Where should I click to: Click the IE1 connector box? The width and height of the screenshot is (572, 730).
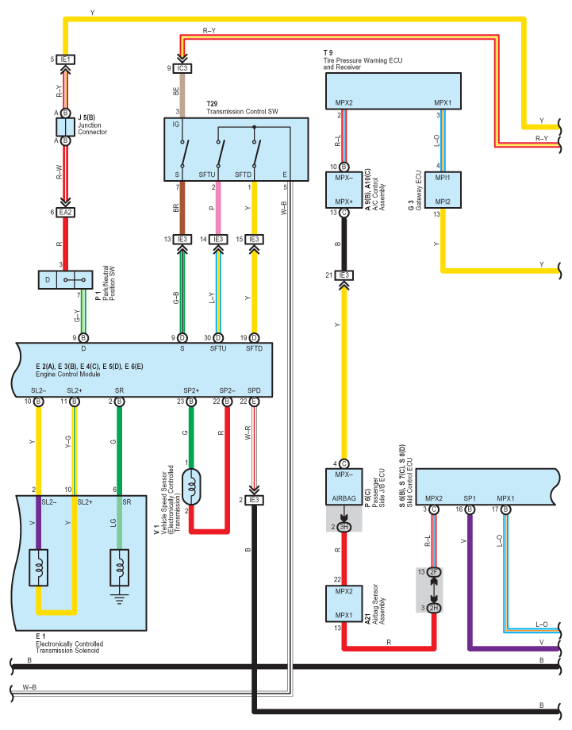click(x=66, y=60)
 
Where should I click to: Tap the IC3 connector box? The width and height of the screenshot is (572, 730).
click(x=182, y=68)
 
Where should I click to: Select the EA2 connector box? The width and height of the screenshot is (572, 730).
click(x=66, y=213)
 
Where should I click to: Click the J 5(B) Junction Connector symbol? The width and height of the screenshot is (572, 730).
click(x=66, y=127)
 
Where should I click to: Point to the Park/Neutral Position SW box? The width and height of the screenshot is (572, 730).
click(x=66, y=280)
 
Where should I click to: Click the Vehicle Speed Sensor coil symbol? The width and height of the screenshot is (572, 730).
click(x=191, y=487)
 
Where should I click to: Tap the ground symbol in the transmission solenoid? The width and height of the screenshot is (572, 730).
click(x=120, y=599)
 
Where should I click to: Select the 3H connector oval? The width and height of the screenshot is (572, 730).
click(x=344, y=527)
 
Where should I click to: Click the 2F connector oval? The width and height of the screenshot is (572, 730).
click(x=434, y=572)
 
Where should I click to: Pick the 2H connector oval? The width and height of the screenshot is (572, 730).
click(x=434, y=608)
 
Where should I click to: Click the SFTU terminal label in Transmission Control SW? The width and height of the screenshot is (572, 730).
click(x=207, y=175)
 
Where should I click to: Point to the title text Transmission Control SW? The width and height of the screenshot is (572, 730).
click(x=243, y=111)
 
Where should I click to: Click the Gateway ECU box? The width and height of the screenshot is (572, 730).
click(x=443, y=190)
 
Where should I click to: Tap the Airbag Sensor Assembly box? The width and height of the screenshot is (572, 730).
click(x=344, y=603)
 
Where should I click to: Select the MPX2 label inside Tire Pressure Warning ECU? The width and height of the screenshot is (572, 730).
click(x=344, y=102)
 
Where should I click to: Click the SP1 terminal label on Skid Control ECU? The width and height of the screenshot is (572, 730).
click(x=470, y=498)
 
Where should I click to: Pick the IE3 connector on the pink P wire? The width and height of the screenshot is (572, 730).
click(x=218, y=240)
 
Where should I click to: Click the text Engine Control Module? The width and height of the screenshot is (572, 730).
click(x=68, y=374)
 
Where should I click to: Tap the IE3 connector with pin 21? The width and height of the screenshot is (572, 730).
click(x=344, y=275)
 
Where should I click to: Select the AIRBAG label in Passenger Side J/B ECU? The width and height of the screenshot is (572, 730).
click(x=344, y=498)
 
